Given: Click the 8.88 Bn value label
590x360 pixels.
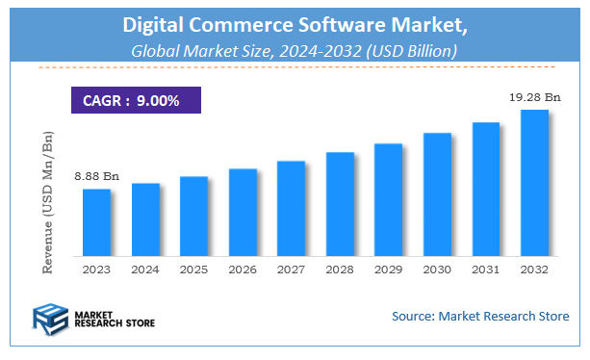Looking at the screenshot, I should click(x=97, y=177).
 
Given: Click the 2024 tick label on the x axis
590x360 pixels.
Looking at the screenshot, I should click(x=145, y=270).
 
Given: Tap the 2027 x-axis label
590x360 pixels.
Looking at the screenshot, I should click(x=291, y=270).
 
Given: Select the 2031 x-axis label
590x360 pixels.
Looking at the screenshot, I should click(x=486, y=270).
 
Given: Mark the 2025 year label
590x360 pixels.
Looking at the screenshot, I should click(x=193, y=270).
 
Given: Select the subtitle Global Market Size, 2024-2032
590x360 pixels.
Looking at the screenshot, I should click(x=294, y=49).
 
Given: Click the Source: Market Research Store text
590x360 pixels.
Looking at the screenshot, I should click(x=479, y=316).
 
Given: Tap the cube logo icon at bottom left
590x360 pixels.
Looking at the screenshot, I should click(x=47, y=318).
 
